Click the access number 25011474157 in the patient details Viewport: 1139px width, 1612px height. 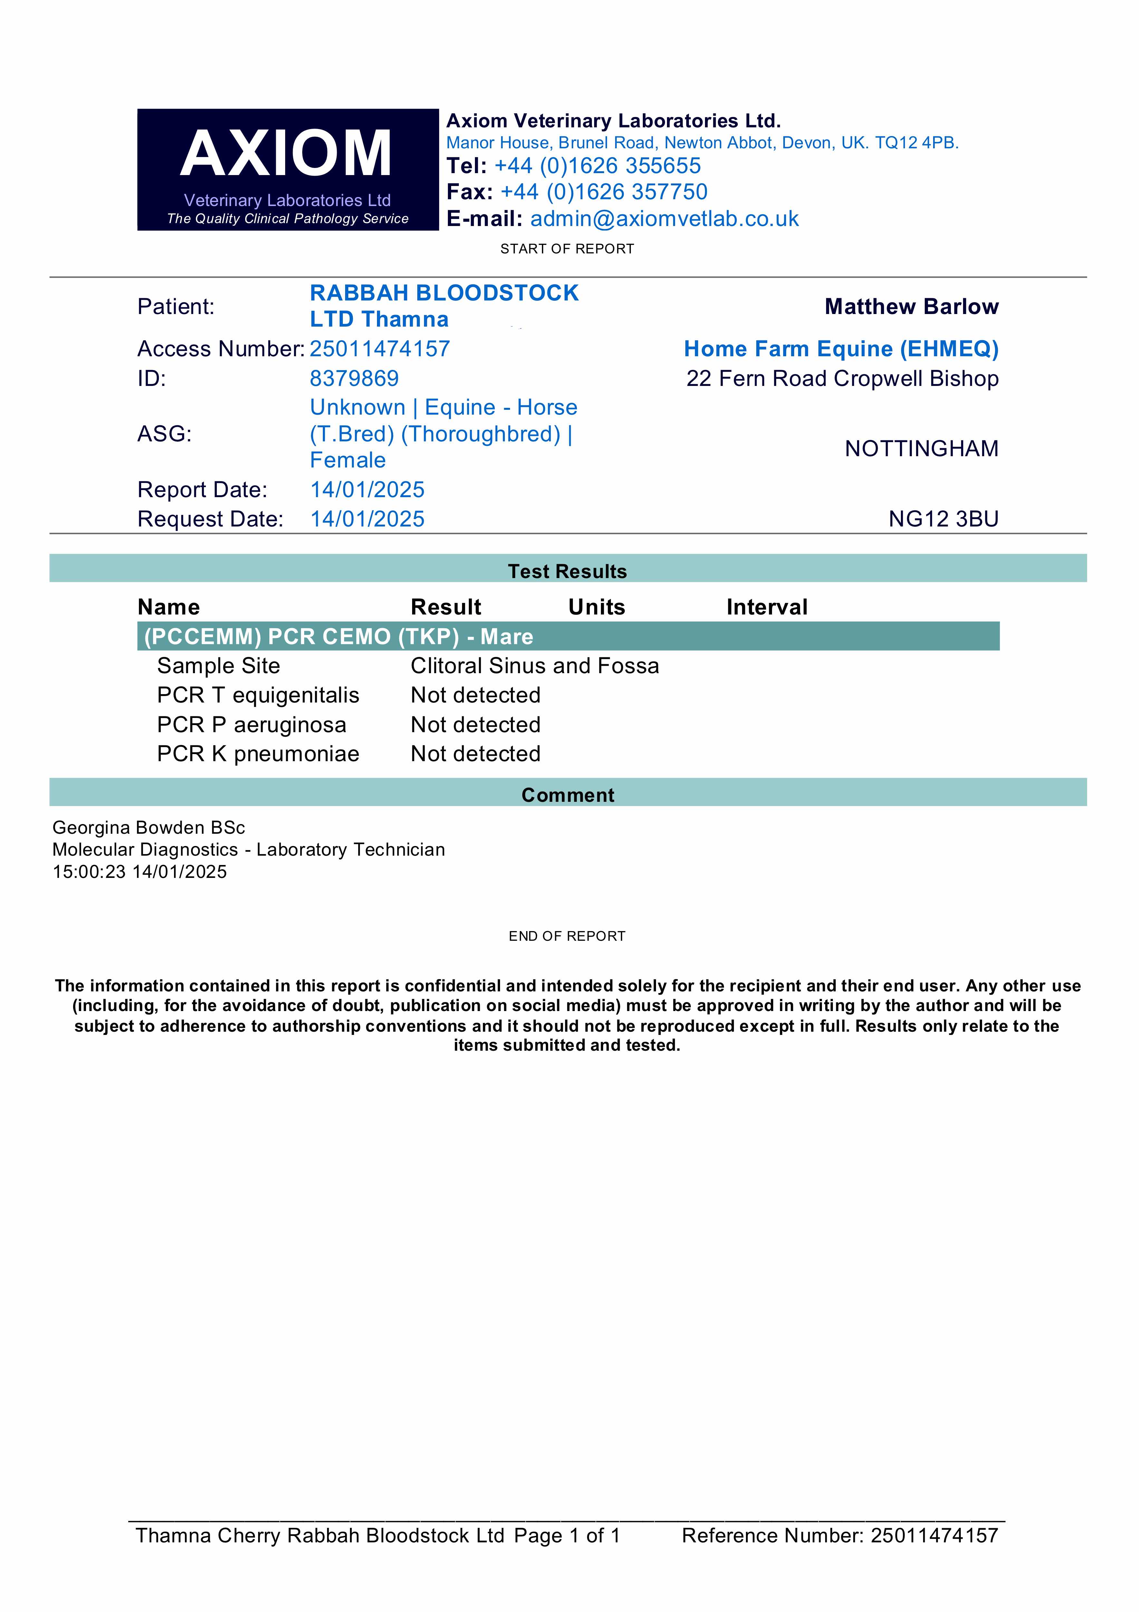click(x=380, y=349)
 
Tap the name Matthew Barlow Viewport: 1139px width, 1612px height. click(x=911, y=307)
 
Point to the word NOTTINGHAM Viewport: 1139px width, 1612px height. click(x=921, y=449)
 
